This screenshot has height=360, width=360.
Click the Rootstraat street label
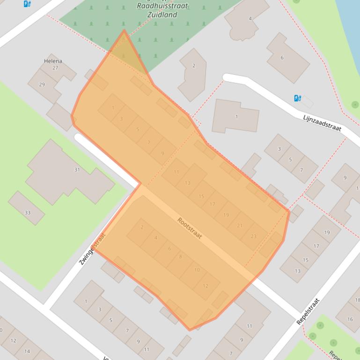190,228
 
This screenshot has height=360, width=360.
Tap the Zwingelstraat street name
92,249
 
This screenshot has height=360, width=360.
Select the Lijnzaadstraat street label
322,122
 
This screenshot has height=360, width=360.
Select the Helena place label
53,61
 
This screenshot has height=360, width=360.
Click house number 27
55,68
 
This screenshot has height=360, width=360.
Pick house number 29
42,85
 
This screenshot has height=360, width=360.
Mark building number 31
77,170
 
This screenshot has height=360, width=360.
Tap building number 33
27,213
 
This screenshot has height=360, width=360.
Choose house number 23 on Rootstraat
253,237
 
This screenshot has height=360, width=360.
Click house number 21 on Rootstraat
240,226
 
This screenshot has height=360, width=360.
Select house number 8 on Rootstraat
180,257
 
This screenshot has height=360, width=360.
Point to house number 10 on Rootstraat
197,270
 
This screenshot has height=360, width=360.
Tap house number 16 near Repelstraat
350,319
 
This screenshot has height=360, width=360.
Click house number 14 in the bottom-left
27,351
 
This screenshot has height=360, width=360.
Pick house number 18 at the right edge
357,300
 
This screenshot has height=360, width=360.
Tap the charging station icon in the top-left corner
27,4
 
